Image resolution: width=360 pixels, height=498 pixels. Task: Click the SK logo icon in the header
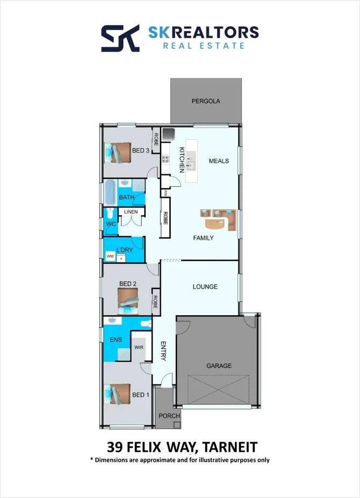tap(121, 38)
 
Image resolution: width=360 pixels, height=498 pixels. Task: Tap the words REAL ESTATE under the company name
tap(204, 46)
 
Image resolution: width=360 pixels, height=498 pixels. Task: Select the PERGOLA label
tap(206, 101)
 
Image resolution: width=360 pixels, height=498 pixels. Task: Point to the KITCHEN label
tap(182, 159)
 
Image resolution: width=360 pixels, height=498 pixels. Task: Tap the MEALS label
tap(219, 161)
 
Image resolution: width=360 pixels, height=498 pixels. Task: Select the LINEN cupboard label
tap(131, 212)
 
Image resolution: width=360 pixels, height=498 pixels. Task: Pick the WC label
tap(111, 223)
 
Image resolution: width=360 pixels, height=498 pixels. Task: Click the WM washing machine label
tap(110, 257)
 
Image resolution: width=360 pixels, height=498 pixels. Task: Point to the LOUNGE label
tap(205, 287)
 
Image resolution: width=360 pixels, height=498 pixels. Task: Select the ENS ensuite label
tap(116, 339)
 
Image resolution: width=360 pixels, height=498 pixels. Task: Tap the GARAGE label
tap(219, 366)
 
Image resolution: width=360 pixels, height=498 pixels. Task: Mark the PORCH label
tap(165, 416)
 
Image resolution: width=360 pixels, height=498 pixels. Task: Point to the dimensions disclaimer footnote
tap(180, 460)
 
